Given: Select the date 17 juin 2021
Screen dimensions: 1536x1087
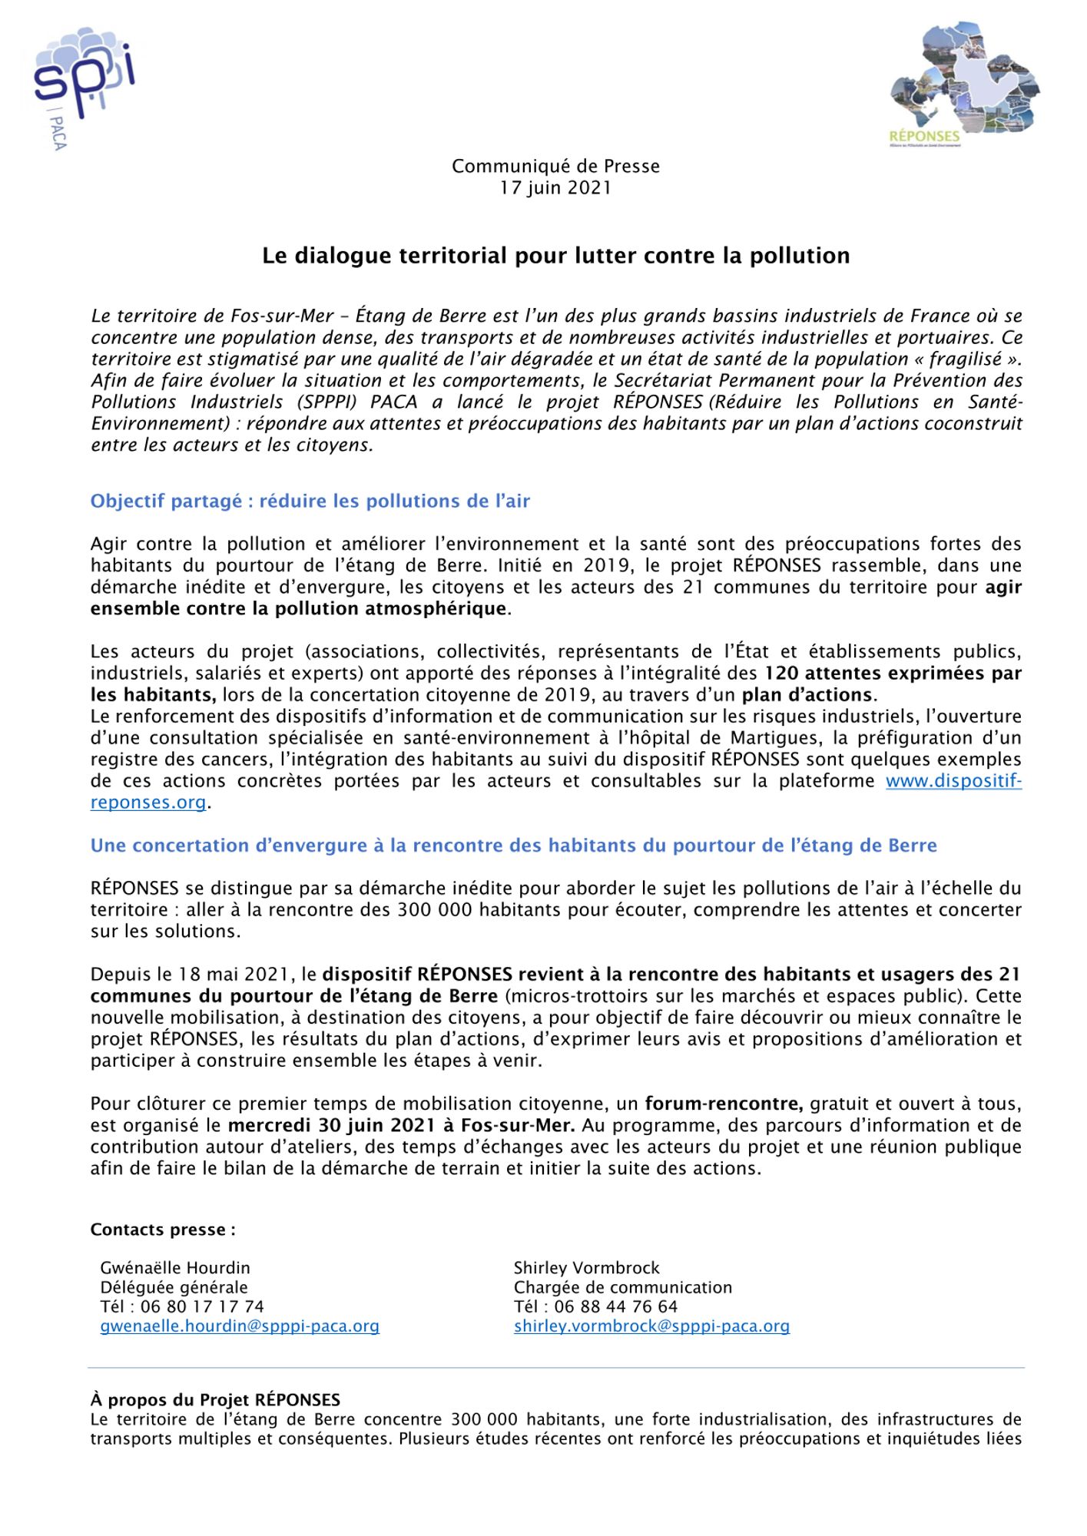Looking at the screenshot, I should [x=555, y=188].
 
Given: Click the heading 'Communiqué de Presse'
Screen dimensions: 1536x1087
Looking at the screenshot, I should [x=555, y=167].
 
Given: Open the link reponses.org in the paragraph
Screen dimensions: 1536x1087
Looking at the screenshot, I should [x=148, y=803].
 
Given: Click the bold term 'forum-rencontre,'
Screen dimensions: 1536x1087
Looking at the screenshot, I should [x=724, y=1104].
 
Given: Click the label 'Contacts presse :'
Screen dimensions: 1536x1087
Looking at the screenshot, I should [x=163, y=1230].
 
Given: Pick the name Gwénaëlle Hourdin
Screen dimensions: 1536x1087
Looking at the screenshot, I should [x=175, y=1268].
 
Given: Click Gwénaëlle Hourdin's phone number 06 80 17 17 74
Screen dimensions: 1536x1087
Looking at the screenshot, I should [x=202, y=1306].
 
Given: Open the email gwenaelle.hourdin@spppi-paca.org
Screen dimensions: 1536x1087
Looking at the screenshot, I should [x=240, y=1326].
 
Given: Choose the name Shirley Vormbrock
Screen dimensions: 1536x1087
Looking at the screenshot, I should [x=586, y=1268].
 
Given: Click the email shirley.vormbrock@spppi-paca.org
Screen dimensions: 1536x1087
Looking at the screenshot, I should [x=651, y=1326].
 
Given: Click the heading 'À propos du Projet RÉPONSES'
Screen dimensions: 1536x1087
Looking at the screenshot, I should [x=215, y=1400].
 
